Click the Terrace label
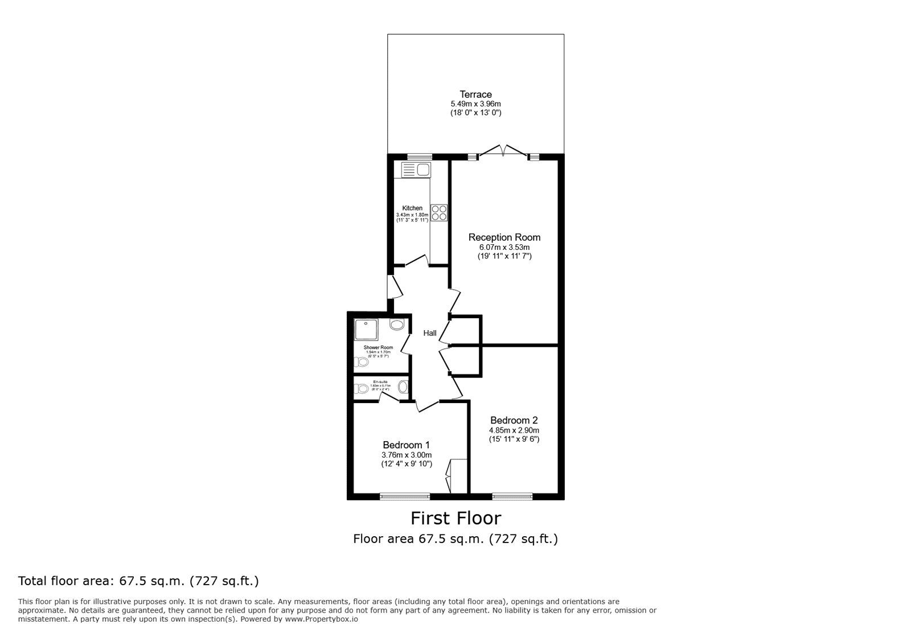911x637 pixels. coord(475,94)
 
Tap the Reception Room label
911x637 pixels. coord(504,237)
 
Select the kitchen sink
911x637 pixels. coord(416,170)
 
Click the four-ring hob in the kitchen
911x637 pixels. coord(439,213)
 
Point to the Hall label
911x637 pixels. coord(429,333)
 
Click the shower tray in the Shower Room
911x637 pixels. coord(366,330)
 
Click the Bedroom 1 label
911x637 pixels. coord(406,445)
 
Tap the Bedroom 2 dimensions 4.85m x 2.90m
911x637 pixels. coord(514,430)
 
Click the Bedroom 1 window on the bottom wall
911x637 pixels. coord(405,496)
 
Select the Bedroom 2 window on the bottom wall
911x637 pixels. coord(512,496)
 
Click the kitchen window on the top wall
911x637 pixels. coord(420,157)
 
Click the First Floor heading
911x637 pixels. coord(455,518)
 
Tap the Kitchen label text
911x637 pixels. coord(412,208)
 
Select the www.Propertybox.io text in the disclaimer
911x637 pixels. coord(321,619)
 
